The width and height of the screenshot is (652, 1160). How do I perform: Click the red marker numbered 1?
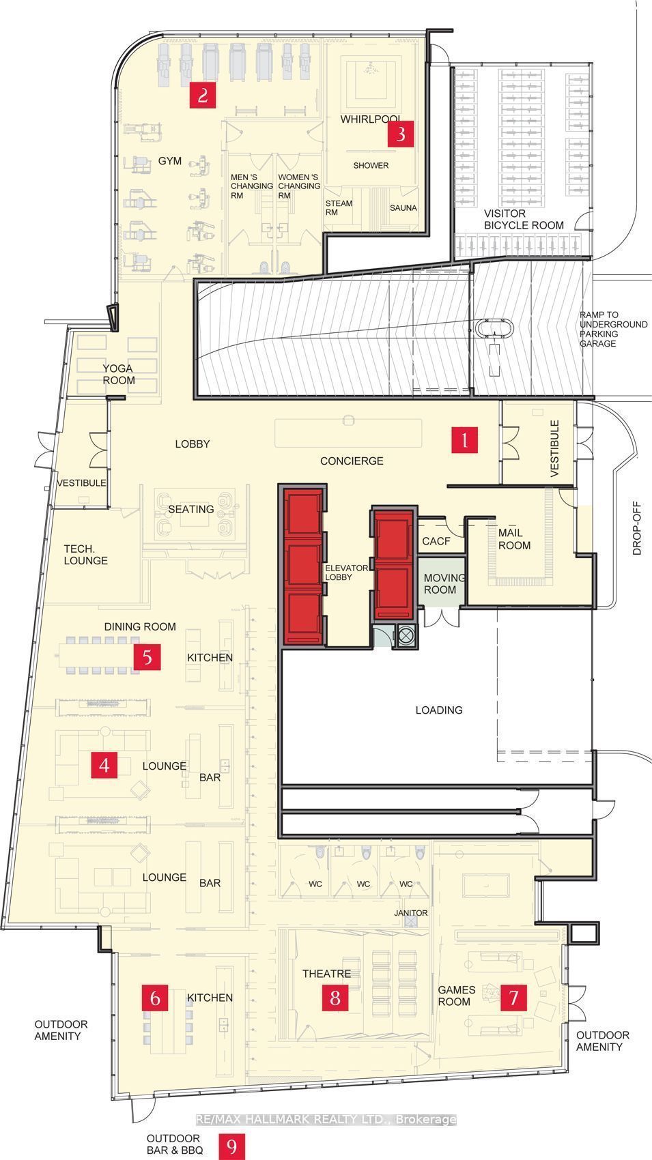click(x=464, y=440)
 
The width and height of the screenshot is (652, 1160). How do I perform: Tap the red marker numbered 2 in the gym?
click(x=203, y=95)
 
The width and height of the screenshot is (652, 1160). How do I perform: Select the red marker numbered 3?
click(x=401, y=134)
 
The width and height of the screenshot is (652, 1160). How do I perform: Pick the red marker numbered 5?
click(x=147, y=656)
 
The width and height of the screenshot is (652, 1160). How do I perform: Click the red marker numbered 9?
click(x=231, y=1146)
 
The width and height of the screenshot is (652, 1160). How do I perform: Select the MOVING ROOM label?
click(x=444, y=583)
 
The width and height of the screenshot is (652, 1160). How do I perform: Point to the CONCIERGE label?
click(x=352, y=461)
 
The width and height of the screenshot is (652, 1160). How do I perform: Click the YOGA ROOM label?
click(x=119, y=374)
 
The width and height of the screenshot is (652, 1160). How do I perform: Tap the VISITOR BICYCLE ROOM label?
click(x=524, y=220)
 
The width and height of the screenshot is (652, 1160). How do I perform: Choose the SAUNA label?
click(x=403, y=207)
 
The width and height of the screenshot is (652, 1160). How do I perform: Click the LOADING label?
click(x=439, y=710)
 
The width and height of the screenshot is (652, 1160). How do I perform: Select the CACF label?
click(x=436, y=541)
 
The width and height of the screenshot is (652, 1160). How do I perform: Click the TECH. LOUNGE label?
click(x=86, y=555)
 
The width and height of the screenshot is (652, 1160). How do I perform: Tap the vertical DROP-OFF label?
click(x=637, y=528)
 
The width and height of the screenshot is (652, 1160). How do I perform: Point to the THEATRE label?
click(x=326, y=974)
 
